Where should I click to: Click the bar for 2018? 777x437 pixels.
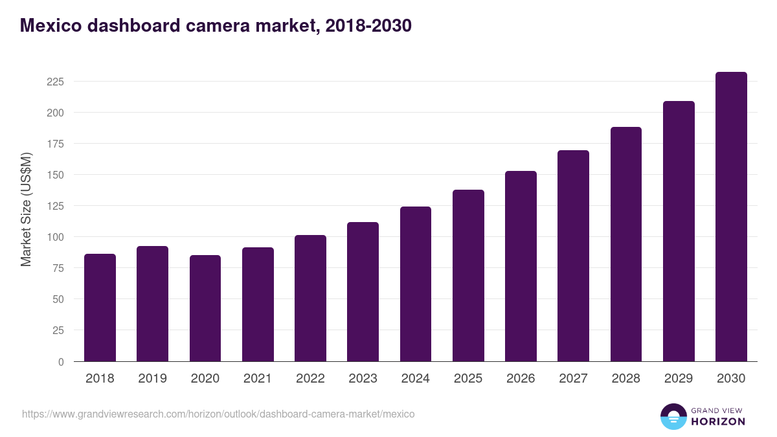[100, 308]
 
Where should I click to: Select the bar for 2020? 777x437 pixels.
[205, 308]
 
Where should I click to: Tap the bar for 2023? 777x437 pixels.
[363, 291]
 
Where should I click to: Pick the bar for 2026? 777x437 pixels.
[521, 266]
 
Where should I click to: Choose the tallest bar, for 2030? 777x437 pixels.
[731, 217]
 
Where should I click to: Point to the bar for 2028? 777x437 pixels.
[625, 244]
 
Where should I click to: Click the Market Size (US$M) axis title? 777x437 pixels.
[26, 209]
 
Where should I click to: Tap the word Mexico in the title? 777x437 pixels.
[51, 25]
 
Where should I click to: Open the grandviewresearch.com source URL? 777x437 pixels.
[218, 414]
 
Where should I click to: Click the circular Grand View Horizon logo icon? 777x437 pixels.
[673, 416]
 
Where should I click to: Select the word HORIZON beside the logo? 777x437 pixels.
[717, 421]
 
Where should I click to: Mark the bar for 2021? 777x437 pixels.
[258, 304]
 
